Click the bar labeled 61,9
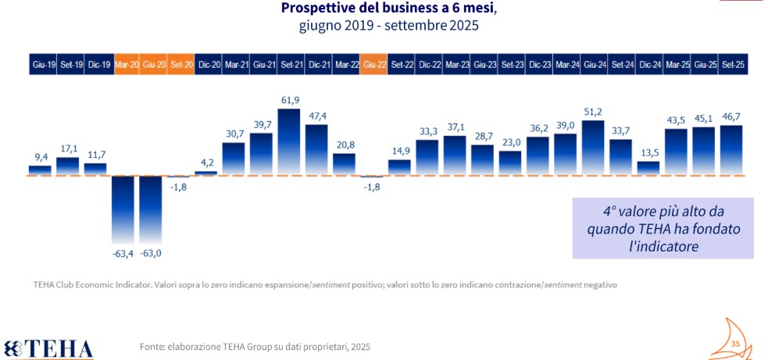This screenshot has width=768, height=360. click(289, 142)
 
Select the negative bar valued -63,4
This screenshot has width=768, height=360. click(123, 211)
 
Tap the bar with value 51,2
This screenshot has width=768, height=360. click(593, 148)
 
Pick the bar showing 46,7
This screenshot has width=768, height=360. click(731, 151)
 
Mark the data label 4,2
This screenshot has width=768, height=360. click(207, 163)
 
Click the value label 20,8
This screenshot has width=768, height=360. click(344, 144)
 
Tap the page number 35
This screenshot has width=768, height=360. click(734, 344)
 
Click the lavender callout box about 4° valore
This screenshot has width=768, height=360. click(663, 227)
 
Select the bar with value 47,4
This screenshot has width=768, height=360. click(316, 150)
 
